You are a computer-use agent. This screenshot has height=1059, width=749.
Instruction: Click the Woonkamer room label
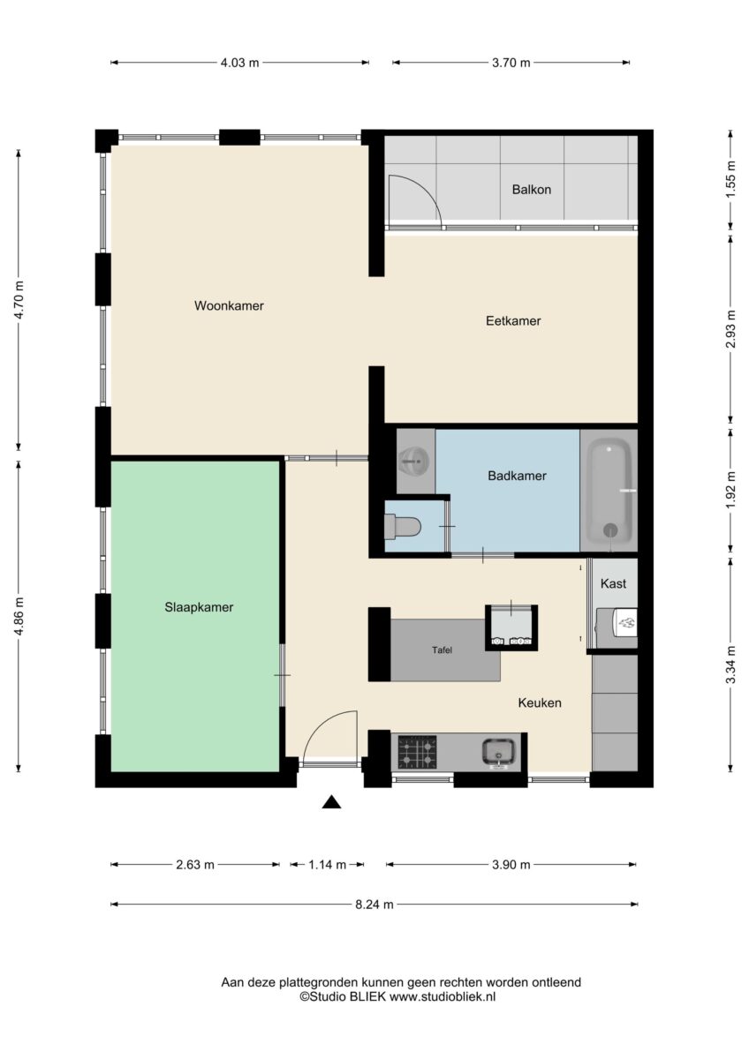[x=229, y=305]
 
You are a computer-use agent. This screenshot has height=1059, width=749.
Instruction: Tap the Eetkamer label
[x=513, y=320]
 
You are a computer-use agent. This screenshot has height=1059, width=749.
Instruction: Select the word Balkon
[x=532, y=190]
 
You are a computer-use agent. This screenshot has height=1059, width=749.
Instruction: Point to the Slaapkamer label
[x=199, y=607]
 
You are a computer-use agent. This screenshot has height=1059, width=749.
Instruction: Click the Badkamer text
[x=517, y=476]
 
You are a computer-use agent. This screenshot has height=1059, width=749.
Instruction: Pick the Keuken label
[x=540, y=702]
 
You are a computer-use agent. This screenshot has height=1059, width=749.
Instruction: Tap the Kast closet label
[x=613, y=583]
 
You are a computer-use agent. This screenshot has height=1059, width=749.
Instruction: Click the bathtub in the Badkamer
[x=609, y=491]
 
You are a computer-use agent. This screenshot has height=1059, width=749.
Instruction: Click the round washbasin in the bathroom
[x=414, y=461]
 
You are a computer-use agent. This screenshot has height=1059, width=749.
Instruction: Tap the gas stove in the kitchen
[x=417, y=752]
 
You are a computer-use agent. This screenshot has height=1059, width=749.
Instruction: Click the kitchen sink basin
[x=498, y=752]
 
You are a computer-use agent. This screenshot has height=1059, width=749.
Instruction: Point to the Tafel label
[x=442, y=650]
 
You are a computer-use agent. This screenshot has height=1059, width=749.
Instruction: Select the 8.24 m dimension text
[x=374, y=905]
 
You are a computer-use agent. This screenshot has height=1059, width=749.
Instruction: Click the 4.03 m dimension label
[x=240, y=63]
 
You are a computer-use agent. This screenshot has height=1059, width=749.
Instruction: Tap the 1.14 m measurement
[x=328, y=865]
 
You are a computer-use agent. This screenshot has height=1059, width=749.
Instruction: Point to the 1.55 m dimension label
[x=731, y=180]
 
